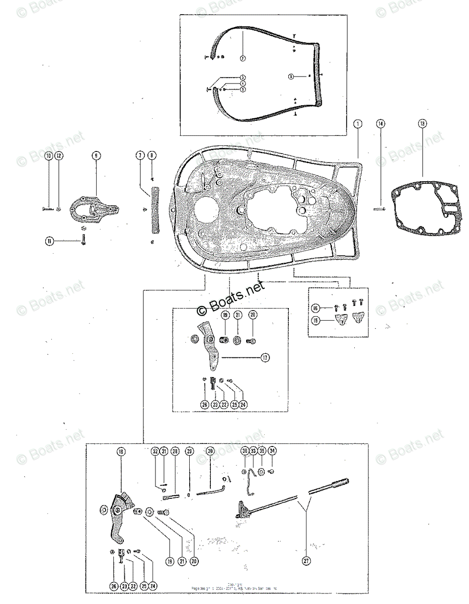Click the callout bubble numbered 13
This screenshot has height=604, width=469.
coord(422,123)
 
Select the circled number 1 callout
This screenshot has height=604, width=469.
coord(358,123)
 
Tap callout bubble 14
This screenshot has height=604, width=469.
coord(380,123)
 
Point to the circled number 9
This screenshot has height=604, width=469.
coord(96,156)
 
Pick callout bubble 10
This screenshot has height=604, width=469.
coord(49,156)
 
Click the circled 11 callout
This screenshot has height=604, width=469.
coord(49,241)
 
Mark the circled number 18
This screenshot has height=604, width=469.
coord(121,451)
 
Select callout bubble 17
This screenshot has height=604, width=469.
coord(265,358)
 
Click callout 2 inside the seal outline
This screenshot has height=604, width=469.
coord(243,58)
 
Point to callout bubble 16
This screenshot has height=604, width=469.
coord(316,308)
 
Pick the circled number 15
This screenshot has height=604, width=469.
coord(316,319)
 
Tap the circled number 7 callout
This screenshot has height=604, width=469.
coord(140,156)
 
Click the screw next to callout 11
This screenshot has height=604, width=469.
coord(81,242)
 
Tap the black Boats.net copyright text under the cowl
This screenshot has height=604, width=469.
coord(230,297)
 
